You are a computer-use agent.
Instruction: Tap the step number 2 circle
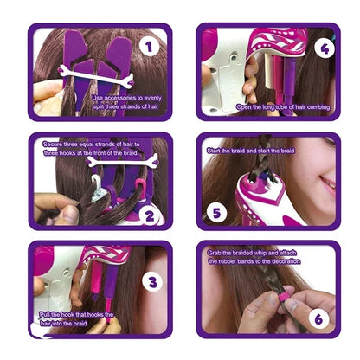[x=148, y=218]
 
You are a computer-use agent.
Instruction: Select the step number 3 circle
[x=148, y=281]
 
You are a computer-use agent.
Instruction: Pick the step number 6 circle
[x=317, y=318]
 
